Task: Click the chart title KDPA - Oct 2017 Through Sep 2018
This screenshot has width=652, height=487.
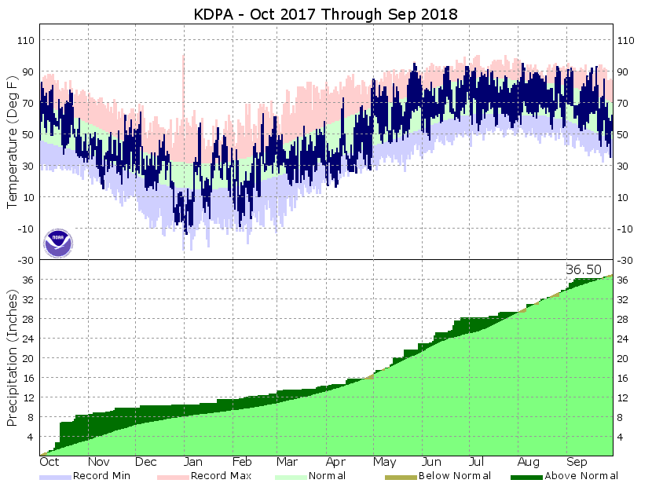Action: point(325,14)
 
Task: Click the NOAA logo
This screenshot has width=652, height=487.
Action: point(58,242)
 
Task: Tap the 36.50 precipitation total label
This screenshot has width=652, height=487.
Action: point(584,269)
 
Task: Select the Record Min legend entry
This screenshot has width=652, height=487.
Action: point(101,475)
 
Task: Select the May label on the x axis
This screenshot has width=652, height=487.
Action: point(384,463)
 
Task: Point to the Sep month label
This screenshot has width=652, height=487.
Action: point(577,463)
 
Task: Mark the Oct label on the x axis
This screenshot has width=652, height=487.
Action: point(49,463)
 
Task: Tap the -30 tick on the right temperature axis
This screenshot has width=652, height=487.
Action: point(625,260)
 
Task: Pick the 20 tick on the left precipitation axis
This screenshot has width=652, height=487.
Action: point(28,358)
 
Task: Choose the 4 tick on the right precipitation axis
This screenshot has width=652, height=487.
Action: point(621,437)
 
